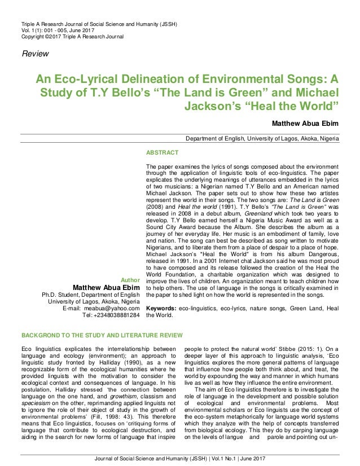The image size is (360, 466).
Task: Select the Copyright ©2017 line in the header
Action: point(72,36)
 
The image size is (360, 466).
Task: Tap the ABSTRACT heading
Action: point(163,153)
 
